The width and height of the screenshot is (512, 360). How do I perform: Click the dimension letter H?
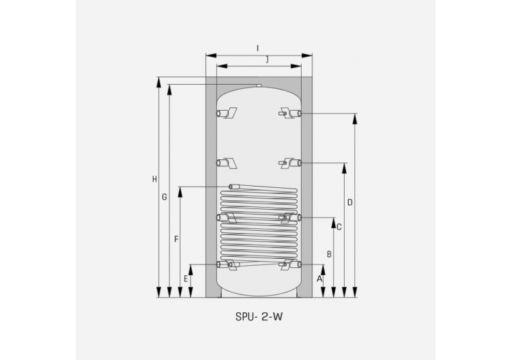[155, 180]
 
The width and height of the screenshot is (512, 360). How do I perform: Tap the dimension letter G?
[165, 197]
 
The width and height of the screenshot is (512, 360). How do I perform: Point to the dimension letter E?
[186, 279]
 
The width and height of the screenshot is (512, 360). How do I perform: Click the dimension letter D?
[350, 202]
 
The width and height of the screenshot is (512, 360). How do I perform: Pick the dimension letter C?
[339, 227]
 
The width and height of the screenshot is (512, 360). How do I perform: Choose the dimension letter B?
[329, 254]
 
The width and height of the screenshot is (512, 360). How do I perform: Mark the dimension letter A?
[319, 279]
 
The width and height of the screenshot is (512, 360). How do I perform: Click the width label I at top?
[257, 48]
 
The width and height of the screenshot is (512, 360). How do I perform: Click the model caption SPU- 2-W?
[258, 317]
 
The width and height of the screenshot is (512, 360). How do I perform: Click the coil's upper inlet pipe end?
[233, 186]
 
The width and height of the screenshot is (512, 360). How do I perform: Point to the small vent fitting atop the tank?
[259, 85]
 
